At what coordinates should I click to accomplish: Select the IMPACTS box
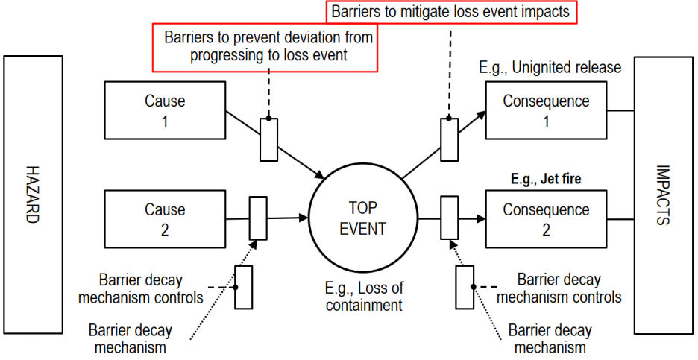(664, 195)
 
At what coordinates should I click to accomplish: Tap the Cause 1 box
(164, 110)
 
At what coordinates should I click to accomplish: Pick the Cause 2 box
(164, 218)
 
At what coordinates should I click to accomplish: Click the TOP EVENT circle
(362, 218)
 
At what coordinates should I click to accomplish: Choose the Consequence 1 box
(546, 110)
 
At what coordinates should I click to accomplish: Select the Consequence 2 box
(546, 220)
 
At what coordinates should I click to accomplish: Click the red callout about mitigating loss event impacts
(450, 13)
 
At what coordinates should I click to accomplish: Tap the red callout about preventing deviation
(265, 45)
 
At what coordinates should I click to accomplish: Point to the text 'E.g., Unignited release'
(550, 68)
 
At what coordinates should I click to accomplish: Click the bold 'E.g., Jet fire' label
(547, 180)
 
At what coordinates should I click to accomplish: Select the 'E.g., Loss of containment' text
(363, 296)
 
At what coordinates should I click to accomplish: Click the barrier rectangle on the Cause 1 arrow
(268, 139)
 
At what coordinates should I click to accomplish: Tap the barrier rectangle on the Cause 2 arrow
(257, 218)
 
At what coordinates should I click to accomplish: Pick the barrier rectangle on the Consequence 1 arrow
(449, 139)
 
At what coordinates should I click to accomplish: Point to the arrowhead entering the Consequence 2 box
(481, 219)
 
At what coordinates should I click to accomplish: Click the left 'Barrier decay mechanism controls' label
(150, 289)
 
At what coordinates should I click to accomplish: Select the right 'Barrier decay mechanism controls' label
(559, 289)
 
